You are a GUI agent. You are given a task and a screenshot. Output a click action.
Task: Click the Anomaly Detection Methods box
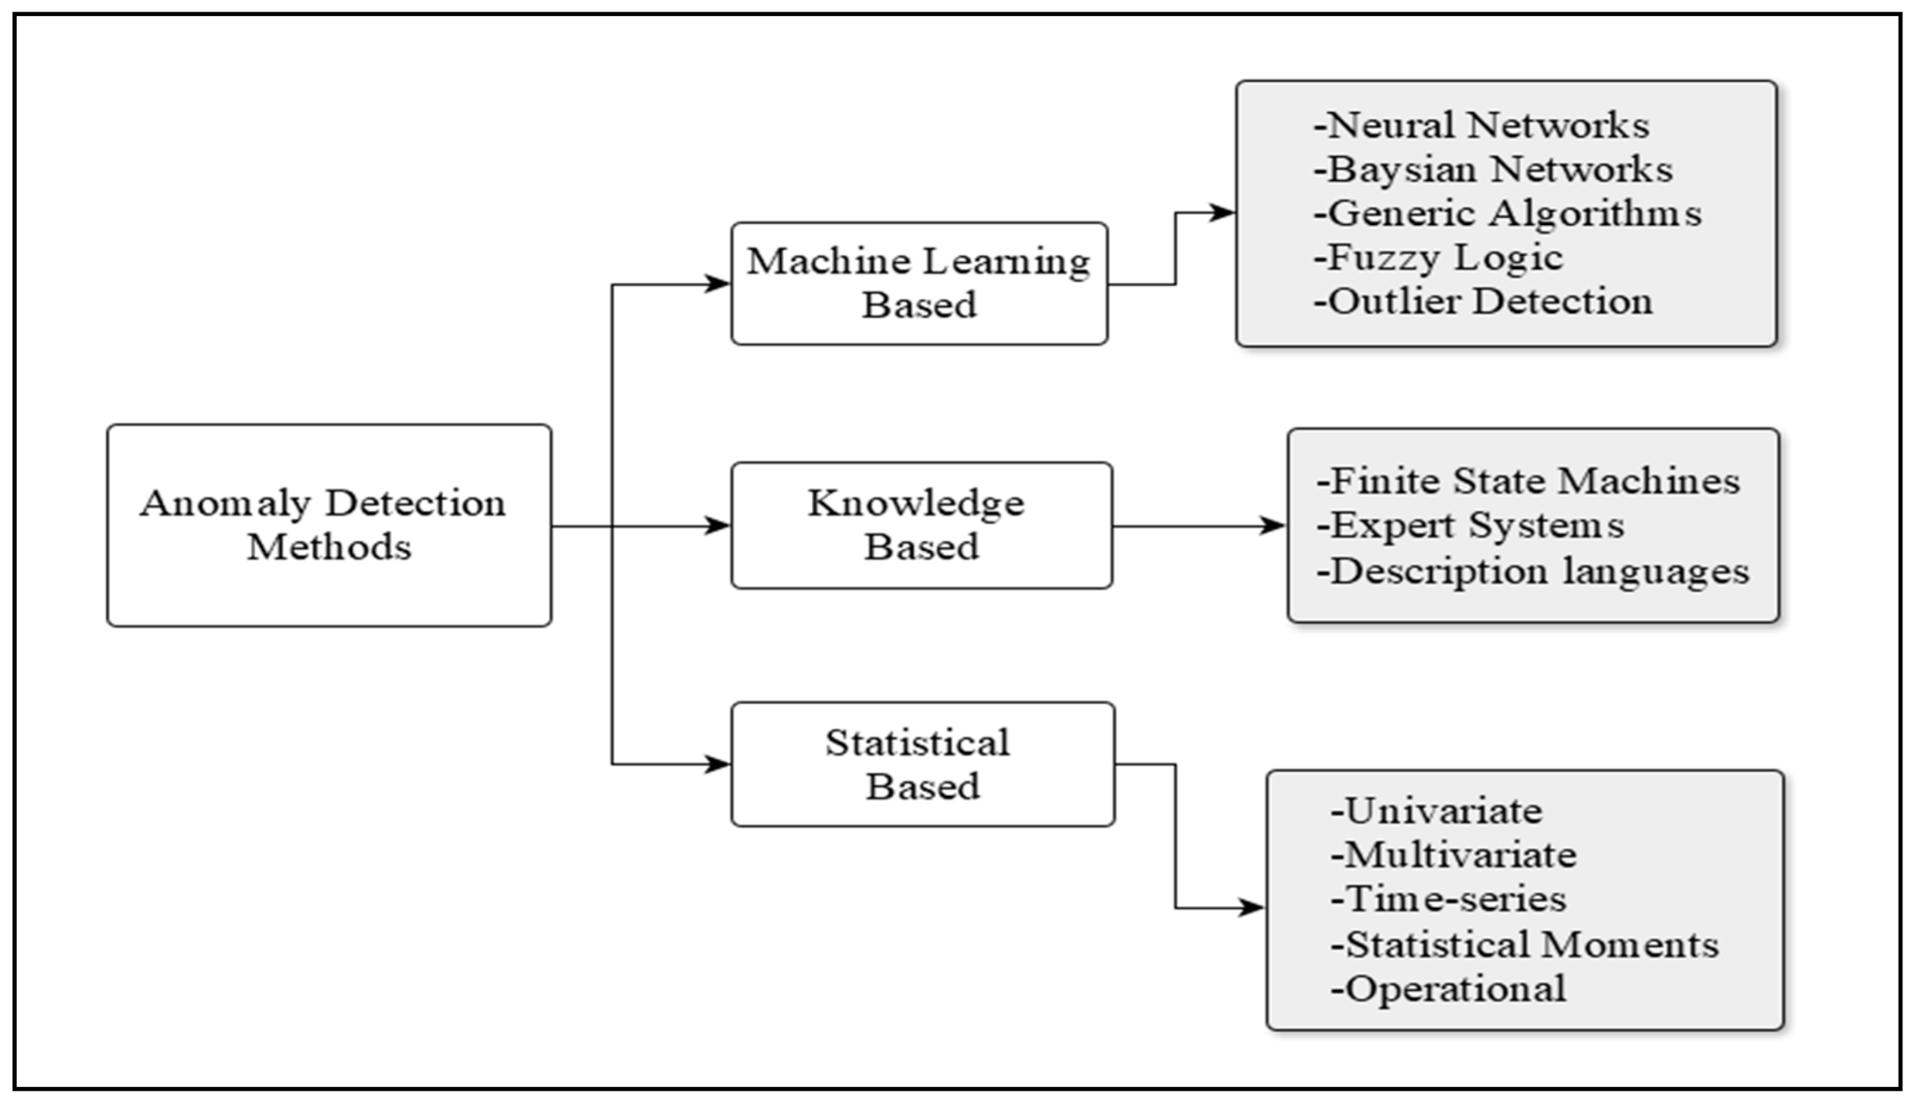[x=329, y=525]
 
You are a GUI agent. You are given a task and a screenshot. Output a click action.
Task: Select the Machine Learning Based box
[x=919, y=283]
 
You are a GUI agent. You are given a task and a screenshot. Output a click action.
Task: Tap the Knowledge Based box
[x=921, y=525]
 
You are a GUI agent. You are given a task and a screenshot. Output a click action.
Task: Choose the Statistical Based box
[x=922, y=764]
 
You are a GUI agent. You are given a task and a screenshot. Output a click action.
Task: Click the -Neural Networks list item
[x=1481, y=125]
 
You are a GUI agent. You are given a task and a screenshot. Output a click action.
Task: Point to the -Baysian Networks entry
[x=1492, y=169]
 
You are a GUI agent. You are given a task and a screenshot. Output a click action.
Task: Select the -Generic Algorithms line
[x=1508, y=213]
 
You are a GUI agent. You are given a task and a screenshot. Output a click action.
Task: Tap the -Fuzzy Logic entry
[x=1438, y=257]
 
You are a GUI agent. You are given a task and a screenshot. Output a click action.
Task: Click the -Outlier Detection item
[x=1483, y=301]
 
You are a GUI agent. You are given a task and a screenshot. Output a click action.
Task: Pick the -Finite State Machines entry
[x=1528, y=481]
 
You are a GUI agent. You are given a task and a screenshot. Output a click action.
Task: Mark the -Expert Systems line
[x=1470, y=525]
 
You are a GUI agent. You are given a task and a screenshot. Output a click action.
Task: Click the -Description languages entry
[x=1532, y=570]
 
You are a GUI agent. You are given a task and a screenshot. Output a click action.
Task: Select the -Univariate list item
[x=1437, y=811]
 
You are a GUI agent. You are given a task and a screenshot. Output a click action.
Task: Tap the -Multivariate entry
[x=1453, y=855]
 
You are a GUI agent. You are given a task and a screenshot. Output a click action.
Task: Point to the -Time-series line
[x=1448, y=899]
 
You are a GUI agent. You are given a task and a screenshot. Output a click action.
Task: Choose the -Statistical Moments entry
[x=1525, y=945]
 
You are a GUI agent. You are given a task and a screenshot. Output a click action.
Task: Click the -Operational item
[x=1448, y=989]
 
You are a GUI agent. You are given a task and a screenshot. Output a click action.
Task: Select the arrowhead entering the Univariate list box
[x=1252, y=908]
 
